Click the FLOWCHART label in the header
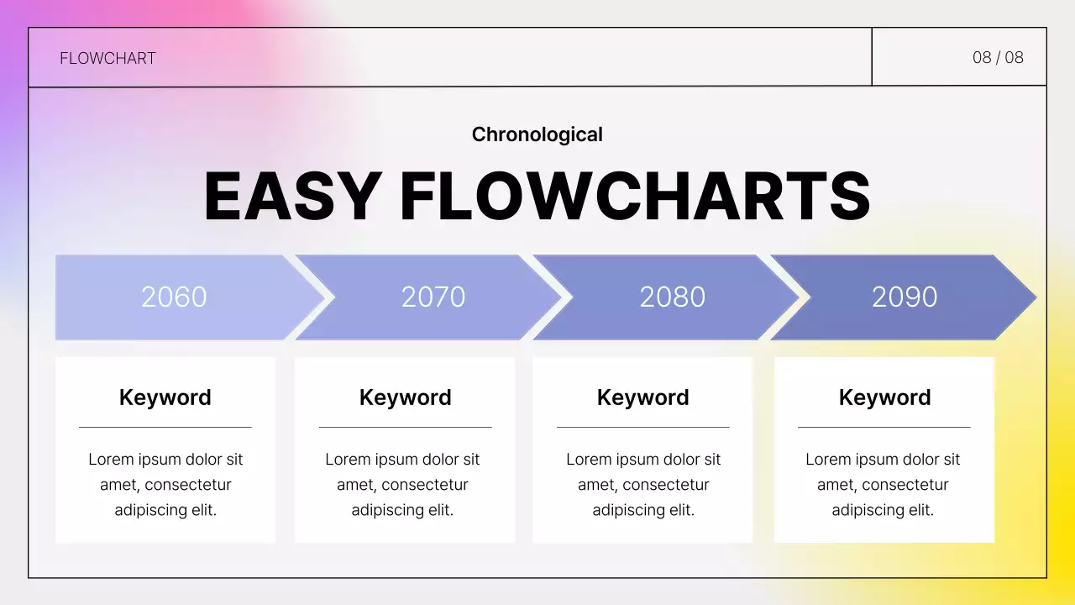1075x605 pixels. coord(107,58)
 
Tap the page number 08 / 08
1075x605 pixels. coord(998,57)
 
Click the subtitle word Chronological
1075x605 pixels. coord(537,134)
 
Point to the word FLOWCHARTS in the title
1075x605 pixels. coord(635,197)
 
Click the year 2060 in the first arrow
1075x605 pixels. coord(174,297)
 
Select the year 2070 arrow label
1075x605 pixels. coord(433,297)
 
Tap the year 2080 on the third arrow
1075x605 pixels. coord(672,297)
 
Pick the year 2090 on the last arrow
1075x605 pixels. coord(905,297)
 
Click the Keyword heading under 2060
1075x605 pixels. coord(165,397)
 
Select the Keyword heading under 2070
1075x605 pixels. coord(405,397)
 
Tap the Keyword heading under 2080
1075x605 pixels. coord(642,397)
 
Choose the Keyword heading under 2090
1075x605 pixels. coord(884,397)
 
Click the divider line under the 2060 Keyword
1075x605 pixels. coord(165,427)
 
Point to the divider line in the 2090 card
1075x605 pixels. coord(884,427)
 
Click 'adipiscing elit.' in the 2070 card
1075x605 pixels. coord(402,510)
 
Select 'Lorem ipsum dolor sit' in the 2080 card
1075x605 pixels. coord(643,460)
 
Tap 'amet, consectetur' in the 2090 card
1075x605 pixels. coord(883,485)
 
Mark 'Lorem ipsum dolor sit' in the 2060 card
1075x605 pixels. coord(165,460)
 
